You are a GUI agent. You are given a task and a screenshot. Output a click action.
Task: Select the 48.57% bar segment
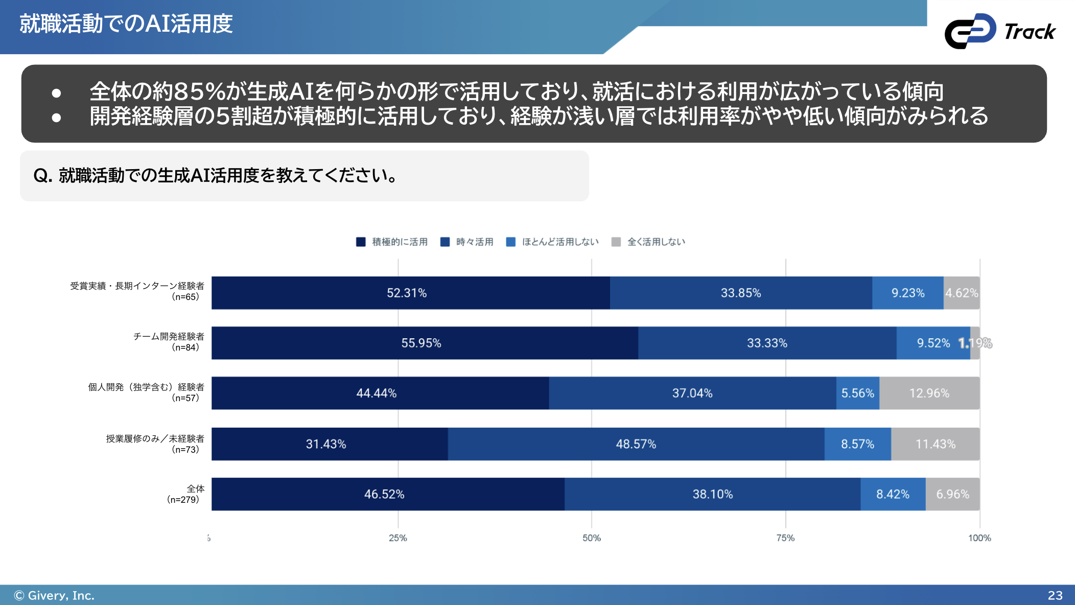[x=636, y=444]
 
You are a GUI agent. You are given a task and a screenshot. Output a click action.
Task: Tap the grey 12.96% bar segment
[x=929, y=393]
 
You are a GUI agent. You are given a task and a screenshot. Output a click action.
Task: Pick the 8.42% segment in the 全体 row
[x=893, y=494]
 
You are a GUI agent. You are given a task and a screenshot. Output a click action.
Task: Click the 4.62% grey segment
[x=961, y=293]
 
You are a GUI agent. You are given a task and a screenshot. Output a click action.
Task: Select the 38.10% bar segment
[x=712, y=494]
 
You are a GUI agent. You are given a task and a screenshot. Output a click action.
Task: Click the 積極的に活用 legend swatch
[x=361, y=242]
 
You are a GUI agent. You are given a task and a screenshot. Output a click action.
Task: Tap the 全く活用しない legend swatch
[x=616, y=242]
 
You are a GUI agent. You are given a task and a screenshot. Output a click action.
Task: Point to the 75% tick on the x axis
[x=785, y=538]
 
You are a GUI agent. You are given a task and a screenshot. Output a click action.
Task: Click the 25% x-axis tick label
[x=398, y=538]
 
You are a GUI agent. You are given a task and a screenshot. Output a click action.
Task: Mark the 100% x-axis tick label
[x=979, y=538]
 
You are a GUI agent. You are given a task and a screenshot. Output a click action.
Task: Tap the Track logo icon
[x=970, y=31]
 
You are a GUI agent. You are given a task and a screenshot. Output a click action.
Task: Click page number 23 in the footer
[x=1055, y=595]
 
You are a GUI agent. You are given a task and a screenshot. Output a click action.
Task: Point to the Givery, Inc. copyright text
[x=54, y=595]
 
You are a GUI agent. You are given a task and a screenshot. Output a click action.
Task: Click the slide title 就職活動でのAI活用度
[x=126, y=24]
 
